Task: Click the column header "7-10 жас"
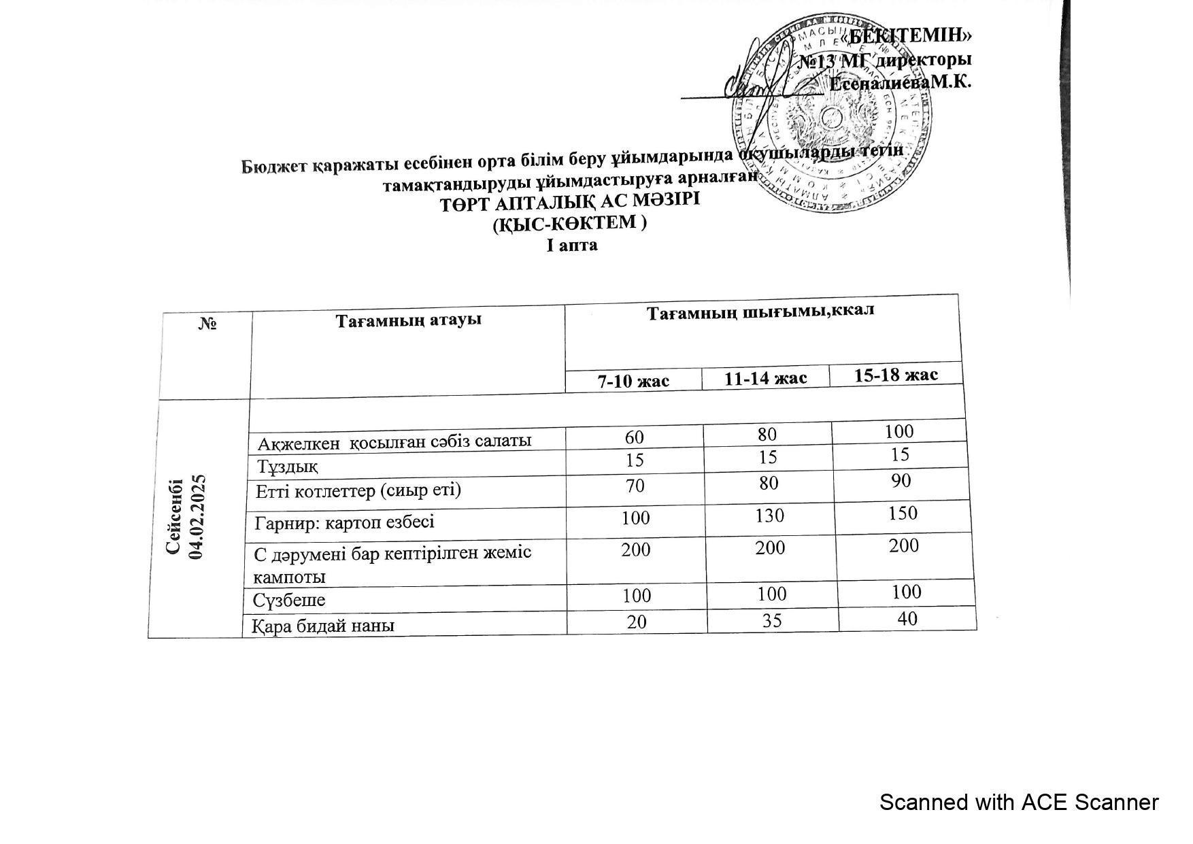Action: (633, 381)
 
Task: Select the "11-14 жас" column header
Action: (765, 378)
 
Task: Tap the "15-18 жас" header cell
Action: (896, 375)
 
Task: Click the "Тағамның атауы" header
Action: (408, 320)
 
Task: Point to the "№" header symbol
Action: (207, 324)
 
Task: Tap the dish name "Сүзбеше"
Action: (289, 601)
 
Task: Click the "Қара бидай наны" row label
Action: (323, 625)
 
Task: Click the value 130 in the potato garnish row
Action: (769, 516)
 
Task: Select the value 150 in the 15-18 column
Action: (903, 513)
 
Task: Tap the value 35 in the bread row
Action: (772, 620)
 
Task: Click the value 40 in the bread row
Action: (907, 618)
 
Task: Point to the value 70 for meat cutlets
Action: (635, 486)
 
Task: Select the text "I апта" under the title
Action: (572, 246)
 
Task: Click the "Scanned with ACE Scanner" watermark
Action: (1018, 803)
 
